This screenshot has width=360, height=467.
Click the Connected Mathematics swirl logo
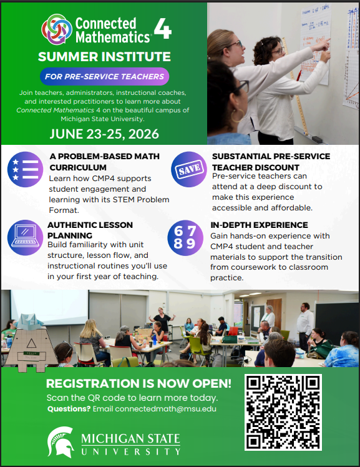57,29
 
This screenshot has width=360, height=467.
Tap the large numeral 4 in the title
162,29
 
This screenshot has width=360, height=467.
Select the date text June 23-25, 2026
104,134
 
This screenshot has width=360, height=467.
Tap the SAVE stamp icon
188,169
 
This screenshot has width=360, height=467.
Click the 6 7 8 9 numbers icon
185,237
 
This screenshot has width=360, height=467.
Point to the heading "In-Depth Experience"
260,225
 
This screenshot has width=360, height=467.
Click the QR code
283,412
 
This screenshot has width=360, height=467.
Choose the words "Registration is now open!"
139,383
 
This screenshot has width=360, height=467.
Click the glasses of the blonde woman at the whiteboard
236,44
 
